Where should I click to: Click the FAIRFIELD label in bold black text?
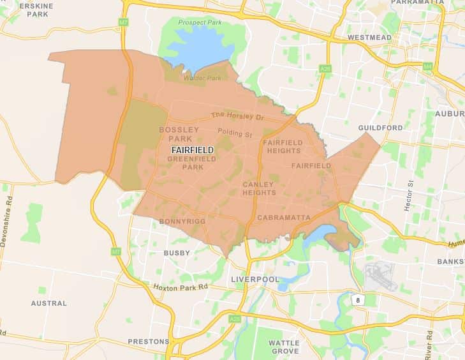tap(192, 151)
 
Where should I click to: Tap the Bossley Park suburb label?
tap(179, 134)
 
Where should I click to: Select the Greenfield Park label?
tap(185, 163)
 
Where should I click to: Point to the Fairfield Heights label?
tap(281, 147)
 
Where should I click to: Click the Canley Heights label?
tap(259, 188)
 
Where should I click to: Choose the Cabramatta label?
tap(283, 218)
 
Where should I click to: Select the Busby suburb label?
tap(177, 253)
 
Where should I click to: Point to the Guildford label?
tap(380, 128)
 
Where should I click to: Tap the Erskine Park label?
tap(37, 10)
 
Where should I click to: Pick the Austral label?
tap(48, 303)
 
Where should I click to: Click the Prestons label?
tap(148, 341)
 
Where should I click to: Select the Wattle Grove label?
tap(284, 347)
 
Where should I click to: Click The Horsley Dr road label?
tap(237, 116)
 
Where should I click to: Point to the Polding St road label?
tap(235, 133)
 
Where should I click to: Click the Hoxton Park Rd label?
tap(181, 287)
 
